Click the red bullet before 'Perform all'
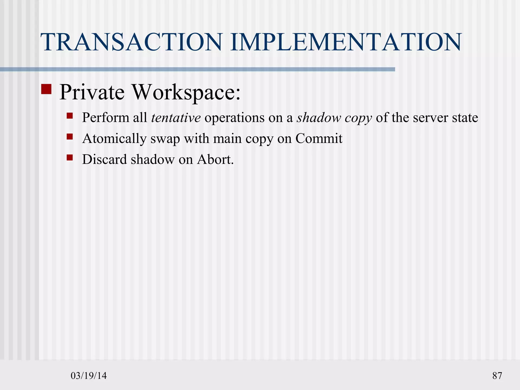click(x=70, y=116)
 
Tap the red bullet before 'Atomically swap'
click(x=70, y=137)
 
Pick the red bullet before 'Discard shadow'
click(x=70, y=158)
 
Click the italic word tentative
click(x=176, y=118)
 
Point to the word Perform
click(x=106, y=118)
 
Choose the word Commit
click(x=319, y=138)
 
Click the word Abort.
click(x=215, y=159)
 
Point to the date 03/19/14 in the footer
click(x=89, y=376)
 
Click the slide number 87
click(x=497, y=376)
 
